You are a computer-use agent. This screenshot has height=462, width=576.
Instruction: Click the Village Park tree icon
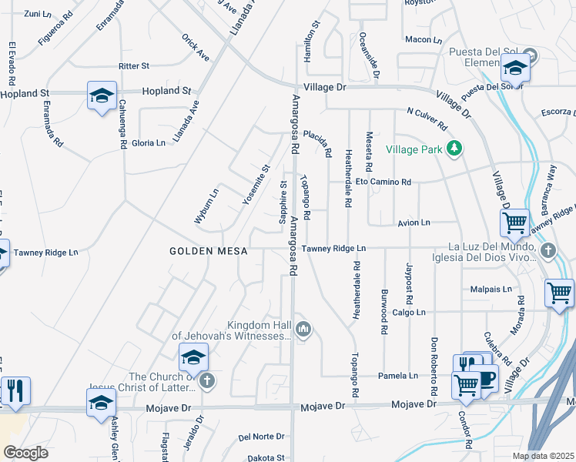coord(455,149)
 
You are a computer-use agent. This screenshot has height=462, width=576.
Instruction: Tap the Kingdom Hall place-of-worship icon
coord(303,330)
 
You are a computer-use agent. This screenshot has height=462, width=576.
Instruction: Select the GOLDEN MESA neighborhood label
coord(199,252)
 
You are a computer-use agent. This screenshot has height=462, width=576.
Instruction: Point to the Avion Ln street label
coord(414,223)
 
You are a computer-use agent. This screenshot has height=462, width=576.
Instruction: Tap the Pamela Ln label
coord(397,376)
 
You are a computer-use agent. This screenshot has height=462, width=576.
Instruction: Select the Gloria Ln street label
coord(149,143)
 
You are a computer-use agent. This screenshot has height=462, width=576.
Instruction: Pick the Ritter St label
coord(134,67)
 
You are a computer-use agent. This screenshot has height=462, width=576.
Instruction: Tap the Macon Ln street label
coord(424,39)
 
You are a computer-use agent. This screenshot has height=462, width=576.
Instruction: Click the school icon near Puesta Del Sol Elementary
coord(515,69)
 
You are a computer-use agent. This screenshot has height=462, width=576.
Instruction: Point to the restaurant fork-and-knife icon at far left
coord(15,390)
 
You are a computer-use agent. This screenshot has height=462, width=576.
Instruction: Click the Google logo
coord(25,452)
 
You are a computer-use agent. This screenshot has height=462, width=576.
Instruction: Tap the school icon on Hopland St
coord(102,95)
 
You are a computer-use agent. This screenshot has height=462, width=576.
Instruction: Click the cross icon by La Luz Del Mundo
coord(548,250)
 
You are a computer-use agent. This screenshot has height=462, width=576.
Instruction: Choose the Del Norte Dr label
coord(261,437)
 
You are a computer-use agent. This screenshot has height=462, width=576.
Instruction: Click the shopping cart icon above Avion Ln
coord(514,223)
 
